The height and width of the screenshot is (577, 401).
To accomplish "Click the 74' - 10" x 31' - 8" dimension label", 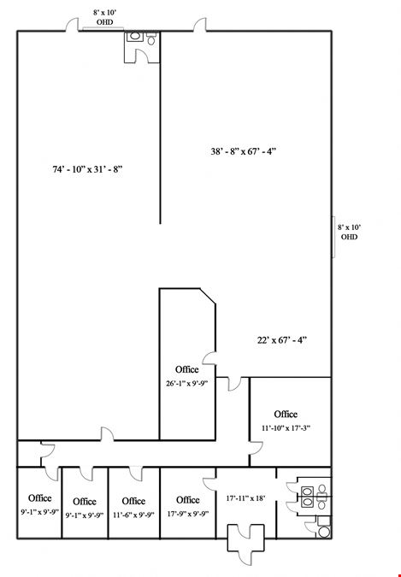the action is pyautogui.click(x=87, y=169).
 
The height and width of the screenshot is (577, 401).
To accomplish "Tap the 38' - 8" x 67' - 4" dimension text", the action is pyautogui.click(x=243, y=151).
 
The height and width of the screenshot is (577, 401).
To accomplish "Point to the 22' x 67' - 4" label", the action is pyautogui.click(x=282, y=340).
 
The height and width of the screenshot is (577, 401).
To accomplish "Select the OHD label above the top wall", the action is pyautogui.click(x=105, y=22).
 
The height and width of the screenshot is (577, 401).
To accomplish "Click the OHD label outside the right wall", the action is pyautogui.click(x=349, y=237).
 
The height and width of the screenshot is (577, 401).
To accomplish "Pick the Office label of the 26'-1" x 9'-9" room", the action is pyautogui.click(x=186, y=369).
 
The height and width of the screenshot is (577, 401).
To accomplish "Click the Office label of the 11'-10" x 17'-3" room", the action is pyautogui.click(x=286, y=415).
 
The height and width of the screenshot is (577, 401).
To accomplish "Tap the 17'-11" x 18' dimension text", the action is pyautogui.click(x=245, y=498).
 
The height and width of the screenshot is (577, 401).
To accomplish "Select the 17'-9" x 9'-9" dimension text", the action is pyautogui.click(x=188, y=514).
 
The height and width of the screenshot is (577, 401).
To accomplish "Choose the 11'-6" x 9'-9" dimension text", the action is pyautogui.click(x=133, y=515).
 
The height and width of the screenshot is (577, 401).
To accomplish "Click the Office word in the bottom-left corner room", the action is pyautogui.click(x=40, y=498).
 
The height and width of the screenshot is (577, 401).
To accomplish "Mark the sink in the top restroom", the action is pyautogui.click(x=135, y=37).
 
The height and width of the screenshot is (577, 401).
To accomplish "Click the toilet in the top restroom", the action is pyautogui.click(x=151, y=38).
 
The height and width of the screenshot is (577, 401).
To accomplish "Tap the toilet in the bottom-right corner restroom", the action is pyautogui.click(x=324, y=532).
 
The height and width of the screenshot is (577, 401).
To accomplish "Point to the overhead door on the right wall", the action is pyautogui.click(x=333, y=237).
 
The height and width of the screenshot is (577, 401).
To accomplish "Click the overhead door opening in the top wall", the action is pyautogui.click(x=103, y=29).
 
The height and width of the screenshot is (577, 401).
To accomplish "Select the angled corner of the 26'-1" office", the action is pyautogui.click(x=208, y=297).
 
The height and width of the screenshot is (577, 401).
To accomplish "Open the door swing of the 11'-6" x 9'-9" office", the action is pyautogui.click(x=136, y=474).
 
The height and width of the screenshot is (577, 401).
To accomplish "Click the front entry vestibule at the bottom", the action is pyautogui.click(x=245, y=538).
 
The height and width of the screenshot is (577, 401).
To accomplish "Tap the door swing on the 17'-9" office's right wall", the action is pyautogui.click(x=209, y=485).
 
